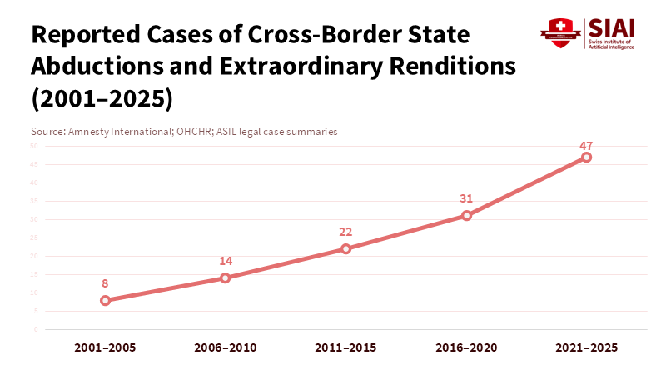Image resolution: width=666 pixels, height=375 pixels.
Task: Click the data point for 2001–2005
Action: point(106,300)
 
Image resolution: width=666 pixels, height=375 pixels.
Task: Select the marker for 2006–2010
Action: point(226,277)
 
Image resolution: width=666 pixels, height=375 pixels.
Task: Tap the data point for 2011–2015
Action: point(346,248)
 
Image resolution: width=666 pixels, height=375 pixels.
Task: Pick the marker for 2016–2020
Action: point(466,215)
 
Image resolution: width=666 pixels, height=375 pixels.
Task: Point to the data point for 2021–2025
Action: point(587,157)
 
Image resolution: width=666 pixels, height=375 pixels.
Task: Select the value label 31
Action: point(466,198)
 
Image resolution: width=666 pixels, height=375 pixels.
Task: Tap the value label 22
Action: point(346,232)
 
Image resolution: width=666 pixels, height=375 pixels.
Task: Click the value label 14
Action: point(226,261)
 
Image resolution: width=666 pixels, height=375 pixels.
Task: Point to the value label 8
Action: point(106,283)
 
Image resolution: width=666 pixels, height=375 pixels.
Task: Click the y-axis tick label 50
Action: point(35,146)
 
